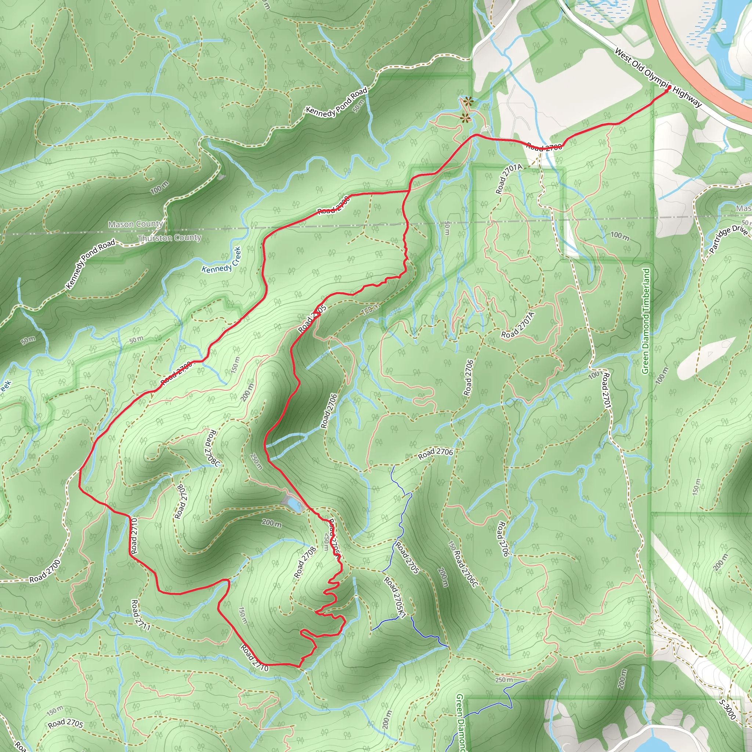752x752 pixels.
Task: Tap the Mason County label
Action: click(135, 224)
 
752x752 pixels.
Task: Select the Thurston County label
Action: click(169, 238)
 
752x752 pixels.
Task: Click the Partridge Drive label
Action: click(728, 239)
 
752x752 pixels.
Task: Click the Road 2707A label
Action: click(518, 325)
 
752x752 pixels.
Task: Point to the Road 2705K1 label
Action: click(395, 597)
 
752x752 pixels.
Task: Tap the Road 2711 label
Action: click(141, 615)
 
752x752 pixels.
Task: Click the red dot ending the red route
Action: click(669, 88)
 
